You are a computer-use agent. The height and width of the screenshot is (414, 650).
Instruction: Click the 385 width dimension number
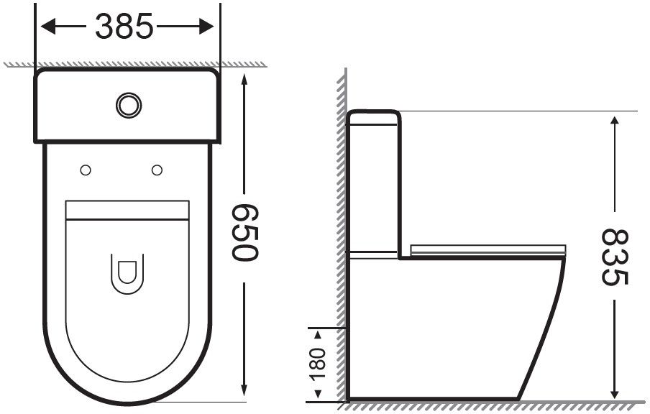[x=124, y=27]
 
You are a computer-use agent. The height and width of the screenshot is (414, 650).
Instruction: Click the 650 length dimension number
[x=244, y=233]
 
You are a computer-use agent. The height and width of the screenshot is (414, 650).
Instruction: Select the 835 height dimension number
[x=615, y=257]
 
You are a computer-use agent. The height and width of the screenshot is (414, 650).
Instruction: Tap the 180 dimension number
[x=318, y=364]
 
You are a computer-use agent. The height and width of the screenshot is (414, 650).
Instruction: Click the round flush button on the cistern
[x=129, y=105]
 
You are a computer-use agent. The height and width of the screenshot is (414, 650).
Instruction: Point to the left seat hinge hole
[x=86, y=170]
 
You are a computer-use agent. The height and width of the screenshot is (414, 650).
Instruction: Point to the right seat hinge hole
[x=157, y=170]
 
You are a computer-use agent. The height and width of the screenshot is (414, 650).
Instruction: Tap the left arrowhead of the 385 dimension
[x=48, y=27]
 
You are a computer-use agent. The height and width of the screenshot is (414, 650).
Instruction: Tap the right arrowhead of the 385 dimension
[x=206, y=27]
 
